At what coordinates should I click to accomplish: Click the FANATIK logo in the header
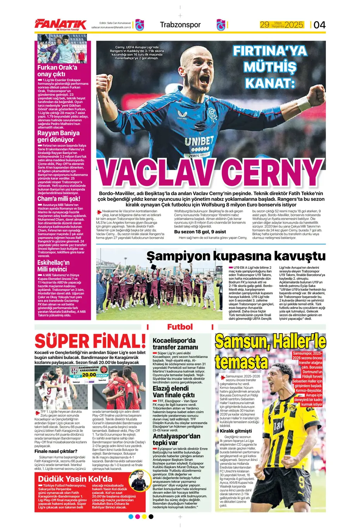click(60, 24)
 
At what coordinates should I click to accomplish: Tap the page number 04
click(319, 25)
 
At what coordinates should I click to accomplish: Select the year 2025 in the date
click(294, 25)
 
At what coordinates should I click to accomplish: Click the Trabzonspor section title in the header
click(180, 25)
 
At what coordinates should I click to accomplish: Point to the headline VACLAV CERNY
click(209, 173)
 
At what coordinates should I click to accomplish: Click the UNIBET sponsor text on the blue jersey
click(199, 141)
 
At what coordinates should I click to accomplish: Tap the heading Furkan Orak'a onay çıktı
click(57, 70)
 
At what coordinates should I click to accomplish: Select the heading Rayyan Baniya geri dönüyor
click(58, 136)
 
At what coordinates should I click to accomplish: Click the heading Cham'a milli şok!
click(59, 199)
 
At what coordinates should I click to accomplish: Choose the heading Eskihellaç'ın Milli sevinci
click(53, 266)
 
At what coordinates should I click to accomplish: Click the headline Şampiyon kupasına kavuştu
click(236, 256)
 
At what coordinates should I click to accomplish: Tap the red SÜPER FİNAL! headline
click(90, 341)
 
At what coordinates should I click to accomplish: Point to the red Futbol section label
click(180, 327)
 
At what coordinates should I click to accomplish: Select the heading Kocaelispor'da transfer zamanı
click(175, 344)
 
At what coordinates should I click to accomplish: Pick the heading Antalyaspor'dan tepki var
click(177, 439)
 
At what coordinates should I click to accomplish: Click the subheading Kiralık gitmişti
click(235, 431)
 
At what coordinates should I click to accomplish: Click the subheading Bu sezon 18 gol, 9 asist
click(200, 232)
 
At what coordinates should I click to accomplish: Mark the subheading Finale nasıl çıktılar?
click(56, 451)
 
